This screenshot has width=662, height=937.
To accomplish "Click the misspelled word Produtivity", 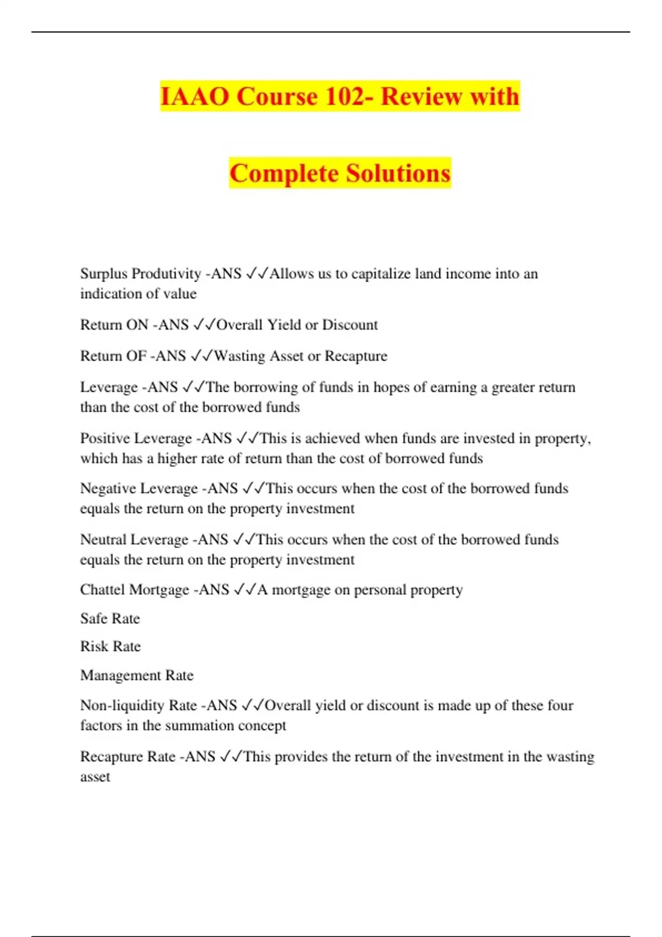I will point(167,274).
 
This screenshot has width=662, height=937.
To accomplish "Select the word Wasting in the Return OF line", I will point(239,356).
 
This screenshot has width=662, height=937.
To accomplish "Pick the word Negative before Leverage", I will point(108,488).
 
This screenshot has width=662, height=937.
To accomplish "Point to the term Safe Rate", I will point(110,618).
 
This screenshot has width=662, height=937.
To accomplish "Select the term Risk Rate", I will point(110,647).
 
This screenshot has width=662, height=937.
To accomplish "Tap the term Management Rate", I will point(137,675).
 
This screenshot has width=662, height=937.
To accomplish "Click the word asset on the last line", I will point(95,777).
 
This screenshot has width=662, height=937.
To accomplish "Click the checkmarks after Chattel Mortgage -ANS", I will point(244,590).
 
